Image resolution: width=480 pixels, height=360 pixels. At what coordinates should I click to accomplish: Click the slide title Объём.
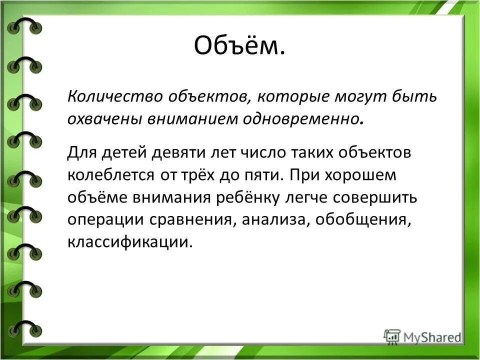239,47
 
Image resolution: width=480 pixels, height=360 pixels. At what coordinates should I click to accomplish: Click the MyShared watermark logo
422,336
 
